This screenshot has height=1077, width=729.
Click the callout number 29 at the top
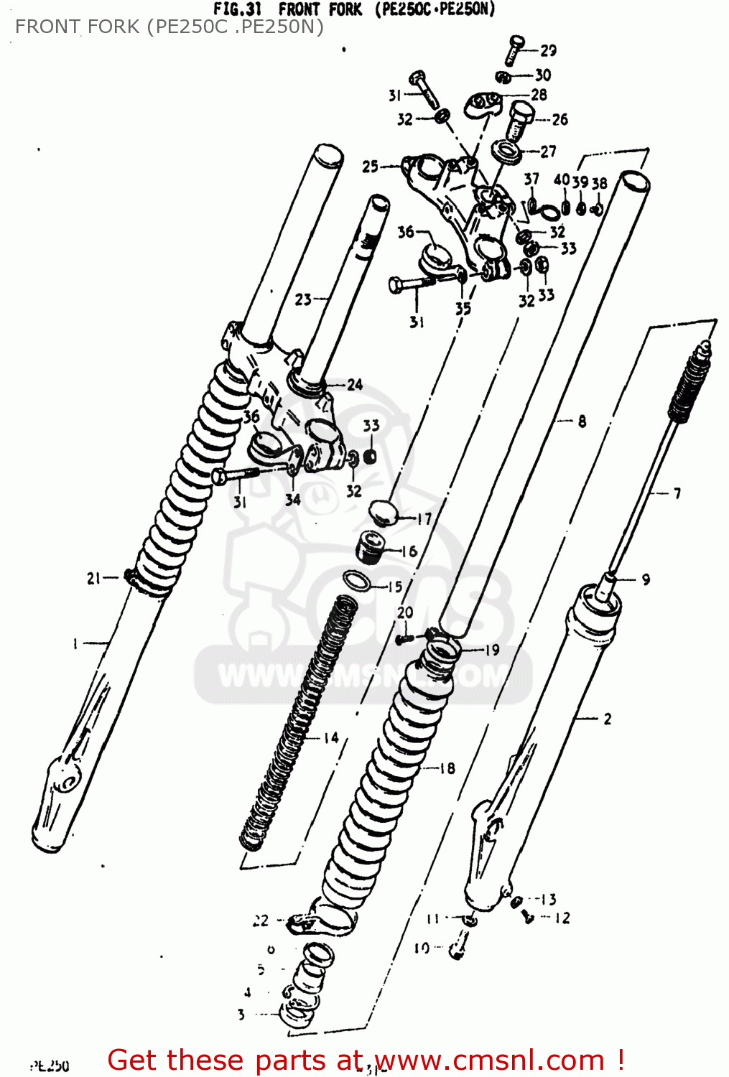pyautogui.click(x=548, y=50)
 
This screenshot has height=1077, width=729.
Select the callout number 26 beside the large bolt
pyautogui.click(x=559, y=119)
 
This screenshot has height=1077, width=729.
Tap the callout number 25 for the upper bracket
pyautogui.click(x=370, y=167)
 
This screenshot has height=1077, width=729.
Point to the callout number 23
pyautogui.click(x=303, y=299)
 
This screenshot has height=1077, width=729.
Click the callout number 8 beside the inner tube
pyautogui.click(x=582, y=421)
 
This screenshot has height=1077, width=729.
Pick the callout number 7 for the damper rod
pyautogui.click(x=677, y=493)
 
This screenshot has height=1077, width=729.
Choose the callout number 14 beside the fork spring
pyautogui.click(x=330, y=737)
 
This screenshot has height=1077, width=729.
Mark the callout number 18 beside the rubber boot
pyautogui.click(x=447, y=768)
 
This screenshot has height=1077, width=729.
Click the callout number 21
pyautogui.click(x=94, y=578)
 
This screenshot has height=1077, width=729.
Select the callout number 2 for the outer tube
pyautogui.click(x=608, y=718)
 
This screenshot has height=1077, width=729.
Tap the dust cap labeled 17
pyautogui.click(x=384, y=513)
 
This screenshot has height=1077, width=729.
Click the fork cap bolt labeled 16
pyautogui.click(x=372, y=549)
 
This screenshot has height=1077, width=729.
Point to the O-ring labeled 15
pyautogui.click(x=356, y=580)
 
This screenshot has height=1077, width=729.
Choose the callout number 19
pyautogui.click(x=492, y=651)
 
